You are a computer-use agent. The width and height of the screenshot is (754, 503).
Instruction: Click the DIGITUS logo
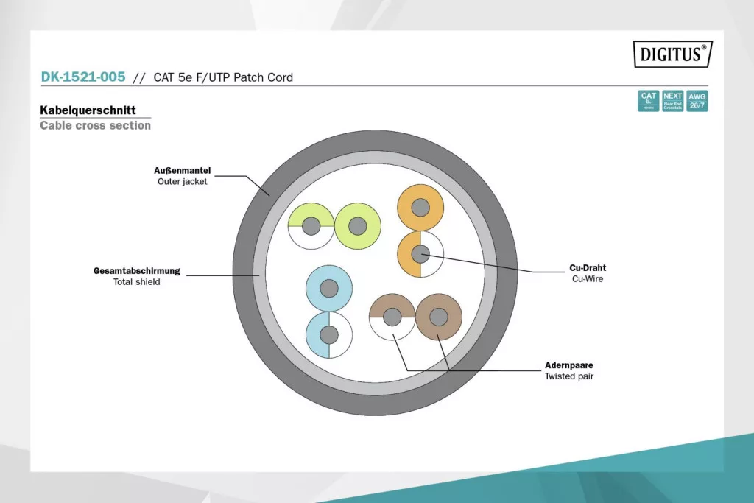[x=672, y=54]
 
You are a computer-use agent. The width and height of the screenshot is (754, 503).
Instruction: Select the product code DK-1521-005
[x=82, y=77]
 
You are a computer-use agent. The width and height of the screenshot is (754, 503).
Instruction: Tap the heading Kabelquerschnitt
[x=88, y=110]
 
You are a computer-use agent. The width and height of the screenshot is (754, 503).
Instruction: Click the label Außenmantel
[x=183, y=171]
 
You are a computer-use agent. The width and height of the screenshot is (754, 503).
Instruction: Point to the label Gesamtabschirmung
[x=137, y=270]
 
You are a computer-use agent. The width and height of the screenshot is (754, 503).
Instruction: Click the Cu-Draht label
[x=588, y=268]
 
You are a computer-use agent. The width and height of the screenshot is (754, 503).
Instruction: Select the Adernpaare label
[x=568, y=365]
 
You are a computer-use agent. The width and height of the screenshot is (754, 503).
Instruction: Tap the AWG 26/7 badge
[x=697, y=101]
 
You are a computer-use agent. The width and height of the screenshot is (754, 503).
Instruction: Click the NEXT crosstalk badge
[x=673, y=101]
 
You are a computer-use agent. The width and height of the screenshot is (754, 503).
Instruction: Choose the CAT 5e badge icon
[x=648, y=101]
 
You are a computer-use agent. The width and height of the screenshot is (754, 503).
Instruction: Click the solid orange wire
[x=420, y=207]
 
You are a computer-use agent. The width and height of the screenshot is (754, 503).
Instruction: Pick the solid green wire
[x=357, y=225]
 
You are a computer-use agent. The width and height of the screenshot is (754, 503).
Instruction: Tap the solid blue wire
[x=329, y=288]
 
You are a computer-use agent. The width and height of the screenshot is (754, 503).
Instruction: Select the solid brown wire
[x=438, y=317]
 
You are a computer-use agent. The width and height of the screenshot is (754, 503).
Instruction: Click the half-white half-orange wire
[x=420, y=254]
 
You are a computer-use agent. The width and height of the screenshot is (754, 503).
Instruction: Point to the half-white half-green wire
[x=311, y=225]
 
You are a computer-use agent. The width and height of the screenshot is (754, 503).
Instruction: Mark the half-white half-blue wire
[x=329, y=335]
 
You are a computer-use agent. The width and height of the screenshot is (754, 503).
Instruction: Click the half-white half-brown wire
[x=392, y=317]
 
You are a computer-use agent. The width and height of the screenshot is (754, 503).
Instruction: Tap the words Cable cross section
[x=95, y=125]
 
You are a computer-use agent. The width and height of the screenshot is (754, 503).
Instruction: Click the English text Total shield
[x=136, y=281]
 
